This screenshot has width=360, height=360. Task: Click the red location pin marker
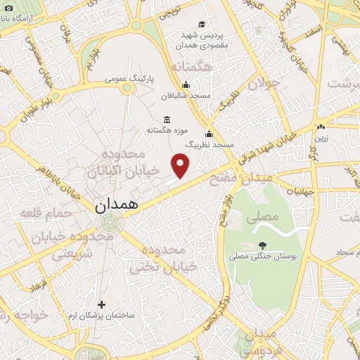tap(181, 166)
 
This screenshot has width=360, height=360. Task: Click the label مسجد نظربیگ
tap(209, 144)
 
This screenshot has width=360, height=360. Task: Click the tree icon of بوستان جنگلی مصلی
tap(263, 245)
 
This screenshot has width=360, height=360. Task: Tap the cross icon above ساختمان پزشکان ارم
tap(102, 304)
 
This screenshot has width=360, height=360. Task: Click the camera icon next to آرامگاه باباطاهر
tap(8, 8)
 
